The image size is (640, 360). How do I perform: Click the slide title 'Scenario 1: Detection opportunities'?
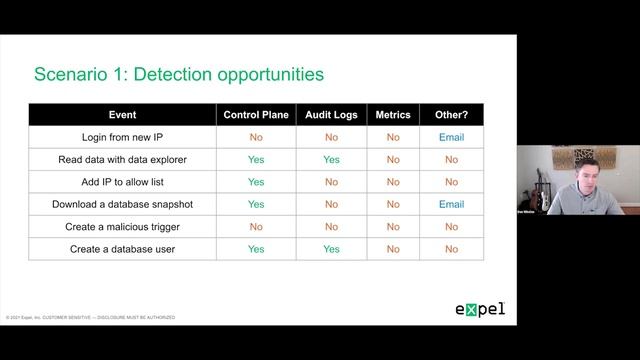pyautogui.click(x=178, y=74)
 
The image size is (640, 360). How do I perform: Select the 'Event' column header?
pyautogui.click(x=122, y=115)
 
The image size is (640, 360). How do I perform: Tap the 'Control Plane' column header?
pyautogui.click(x=256, y=115)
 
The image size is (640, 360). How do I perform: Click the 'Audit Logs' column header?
pyautogui.click(x=331, y=115)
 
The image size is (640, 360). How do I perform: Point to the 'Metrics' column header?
pyautogui.click(x=393, y=115)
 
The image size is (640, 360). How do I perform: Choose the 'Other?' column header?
pyautogui.click(x=451, y=115)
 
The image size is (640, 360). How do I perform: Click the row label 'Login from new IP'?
pyautogui.click(x=122, y=137)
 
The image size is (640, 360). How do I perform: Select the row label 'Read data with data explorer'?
pyautogui.click(x=122, y=159)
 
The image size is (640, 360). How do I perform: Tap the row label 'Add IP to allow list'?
pyautogui.click(x=122, y=182)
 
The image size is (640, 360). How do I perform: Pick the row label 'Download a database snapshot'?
pyautogui.click(x=122, y=204)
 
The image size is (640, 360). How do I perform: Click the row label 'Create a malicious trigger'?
pyautogui.click(x=122, y=227)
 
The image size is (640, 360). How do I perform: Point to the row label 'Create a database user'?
pyautogui.click(x=122, y=249)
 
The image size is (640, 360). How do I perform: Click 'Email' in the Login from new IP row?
pyautogui.click(x=451, y=137)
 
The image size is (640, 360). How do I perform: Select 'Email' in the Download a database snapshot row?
pyautogui.click(x=451, y=204)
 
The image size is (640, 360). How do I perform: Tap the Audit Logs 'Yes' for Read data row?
pyautogui.click(x=331, y=159)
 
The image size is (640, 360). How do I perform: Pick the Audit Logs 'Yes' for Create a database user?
pyautogui.click(x=331, y=249)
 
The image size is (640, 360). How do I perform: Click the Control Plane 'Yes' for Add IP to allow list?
pyautogui.click(x=256, y=182)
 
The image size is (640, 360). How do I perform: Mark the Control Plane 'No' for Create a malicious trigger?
pyautogui.click(x=256, y=227)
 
